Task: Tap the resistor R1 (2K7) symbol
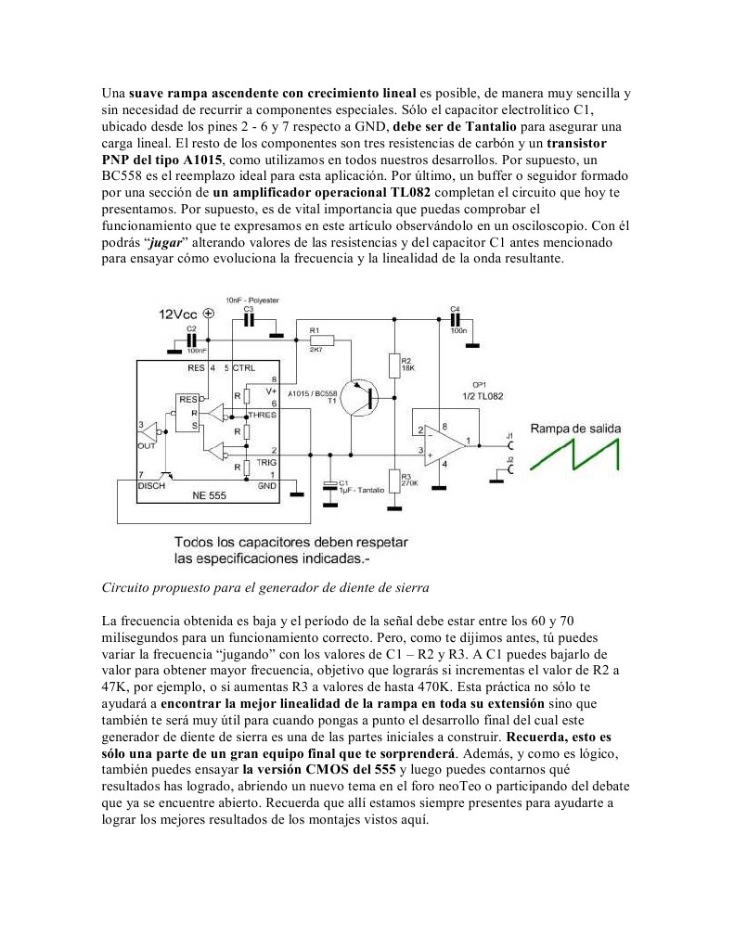[x=314, y=341]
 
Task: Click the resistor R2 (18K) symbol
[x=395, y=365]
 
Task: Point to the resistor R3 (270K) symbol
[x=395, y=481]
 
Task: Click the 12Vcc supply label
[x=178, y=314]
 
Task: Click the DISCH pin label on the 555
[x=152, y=485]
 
